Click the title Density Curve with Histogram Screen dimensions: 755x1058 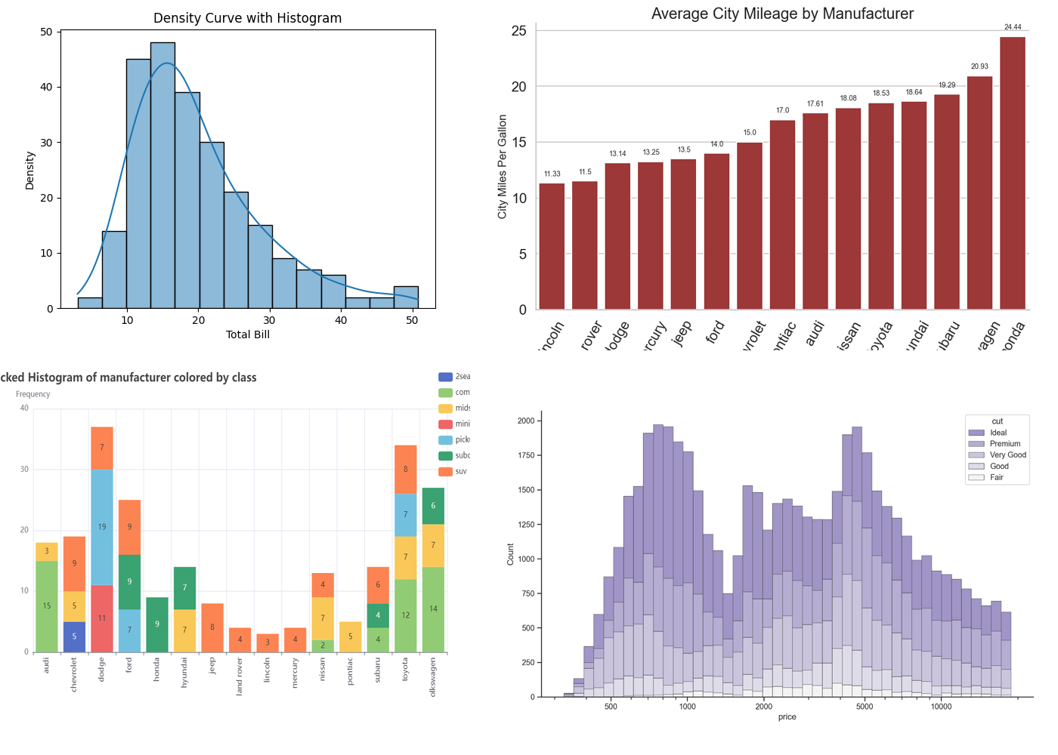tap(247, 18)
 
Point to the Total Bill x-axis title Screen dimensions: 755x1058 tap(247, 334)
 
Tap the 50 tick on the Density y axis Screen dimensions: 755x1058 tap(47, 32)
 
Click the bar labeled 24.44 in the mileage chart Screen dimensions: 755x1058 tap(1012, 173)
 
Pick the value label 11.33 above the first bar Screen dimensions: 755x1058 tap(552, 174)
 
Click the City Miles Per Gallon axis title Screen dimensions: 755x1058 tap(503, 167)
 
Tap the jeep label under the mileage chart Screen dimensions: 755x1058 tap(682, 332)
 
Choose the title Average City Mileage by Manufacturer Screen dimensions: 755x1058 tap(782, 14)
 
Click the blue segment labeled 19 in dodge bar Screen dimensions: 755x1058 tap(102, 527)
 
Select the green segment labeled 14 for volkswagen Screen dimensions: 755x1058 tap(433, 609)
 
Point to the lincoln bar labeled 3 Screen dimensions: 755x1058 tap(268, 643)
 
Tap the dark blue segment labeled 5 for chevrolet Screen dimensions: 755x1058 tap(74, 636)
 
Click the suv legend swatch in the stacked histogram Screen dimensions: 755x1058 tap(445, 472)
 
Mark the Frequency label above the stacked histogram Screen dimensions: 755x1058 tap(33, 394)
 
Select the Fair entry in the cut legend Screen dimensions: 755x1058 tap(997, 477)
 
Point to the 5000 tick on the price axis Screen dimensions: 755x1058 tap(864, 707)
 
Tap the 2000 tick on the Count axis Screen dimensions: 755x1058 tap(526, 421)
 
